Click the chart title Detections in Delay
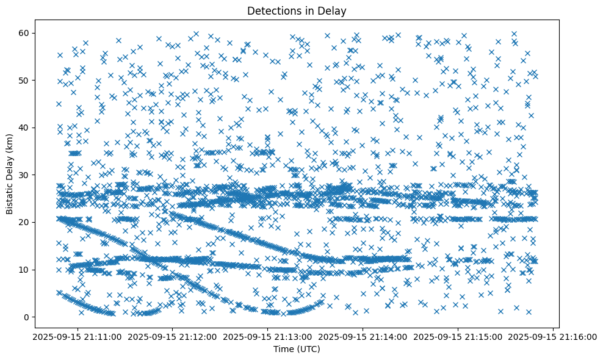coord(296,10)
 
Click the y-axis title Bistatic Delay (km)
coord(10,174)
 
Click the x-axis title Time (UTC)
coord(296,349)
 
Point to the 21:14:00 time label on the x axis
coord(362,337)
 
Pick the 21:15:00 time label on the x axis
coord(458,337)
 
